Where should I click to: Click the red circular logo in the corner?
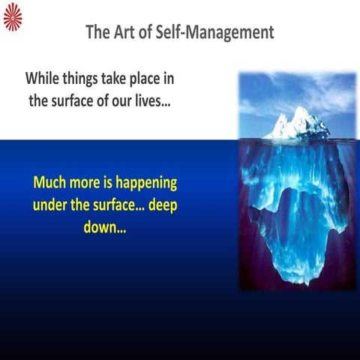click(x=13, y=16)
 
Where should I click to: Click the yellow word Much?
click(x=52, y=183)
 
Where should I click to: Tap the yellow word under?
click(x=55, y=205)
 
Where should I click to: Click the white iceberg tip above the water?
click(x=297, y=122)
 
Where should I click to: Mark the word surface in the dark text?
click(x=78, y=100)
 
